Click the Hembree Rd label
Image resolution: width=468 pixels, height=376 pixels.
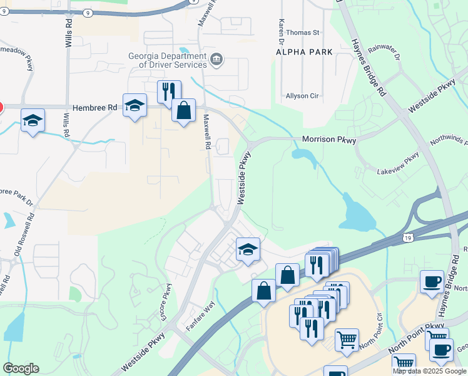pyautogui.click(x=95, y=108)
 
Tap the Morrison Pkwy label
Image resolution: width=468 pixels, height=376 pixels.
pyautogui.click(x=328, y=140)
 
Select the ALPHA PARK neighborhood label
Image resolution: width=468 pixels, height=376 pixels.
pyautogui.click(x=304, y=52)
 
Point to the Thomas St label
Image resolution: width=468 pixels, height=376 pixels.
pyautogui.click(x=303, y=32)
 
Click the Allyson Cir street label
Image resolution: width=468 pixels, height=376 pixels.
pyautogui.click(x=302, y=96)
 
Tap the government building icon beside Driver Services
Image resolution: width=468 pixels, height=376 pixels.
pyautogui.click(x=216, y=60)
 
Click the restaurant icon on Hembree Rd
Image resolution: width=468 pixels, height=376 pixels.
pyautogui.click(x=169, y=92)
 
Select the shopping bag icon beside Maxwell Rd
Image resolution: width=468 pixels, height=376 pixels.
pyautogui.click(x=183, y=111)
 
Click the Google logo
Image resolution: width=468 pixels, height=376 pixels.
pyautogui.click(x=21, y=368)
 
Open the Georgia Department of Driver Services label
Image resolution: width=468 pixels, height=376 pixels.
pyautogui.click(x=168, y=60)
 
